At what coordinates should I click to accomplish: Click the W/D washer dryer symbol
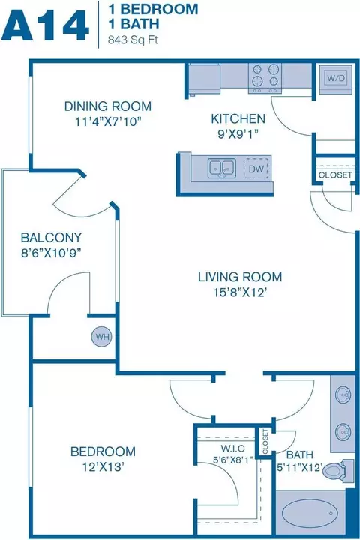pos(336,79)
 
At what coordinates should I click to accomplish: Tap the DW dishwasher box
pos(256,169)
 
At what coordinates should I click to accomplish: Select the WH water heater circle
pos(102,337)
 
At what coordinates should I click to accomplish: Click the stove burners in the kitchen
pos(265,78)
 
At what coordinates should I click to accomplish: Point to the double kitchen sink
pos(222,168)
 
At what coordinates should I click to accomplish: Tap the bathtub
pos(309,513)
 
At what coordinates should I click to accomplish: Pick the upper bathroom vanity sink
pos(343,394)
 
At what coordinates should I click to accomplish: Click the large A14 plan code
pos(45,25)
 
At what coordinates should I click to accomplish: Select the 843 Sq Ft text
pos(133,40)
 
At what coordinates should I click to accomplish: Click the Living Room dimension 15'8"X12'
pos(240,292)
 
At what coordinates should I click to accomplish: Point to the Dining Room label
pos(108,106)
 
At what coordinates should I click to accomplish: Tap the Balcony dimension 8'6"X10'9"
pos(51,253)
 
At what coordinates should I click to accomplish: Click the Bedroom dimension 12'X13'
pos(103,467)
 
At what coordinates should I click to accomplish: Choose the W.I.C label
pos(233,448)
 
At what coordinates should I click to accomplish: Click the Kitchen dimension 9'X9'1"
pos(238,134)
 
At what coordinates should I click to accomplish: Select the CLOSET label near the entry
pos(335,175)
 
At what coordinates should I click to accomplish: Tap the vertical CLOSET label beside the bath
pos(265,441)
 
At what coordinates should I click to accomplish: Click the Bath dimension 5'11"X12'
pos(300,467)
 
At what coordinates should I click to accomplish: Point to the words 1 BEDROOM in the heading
pos(153,9)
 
